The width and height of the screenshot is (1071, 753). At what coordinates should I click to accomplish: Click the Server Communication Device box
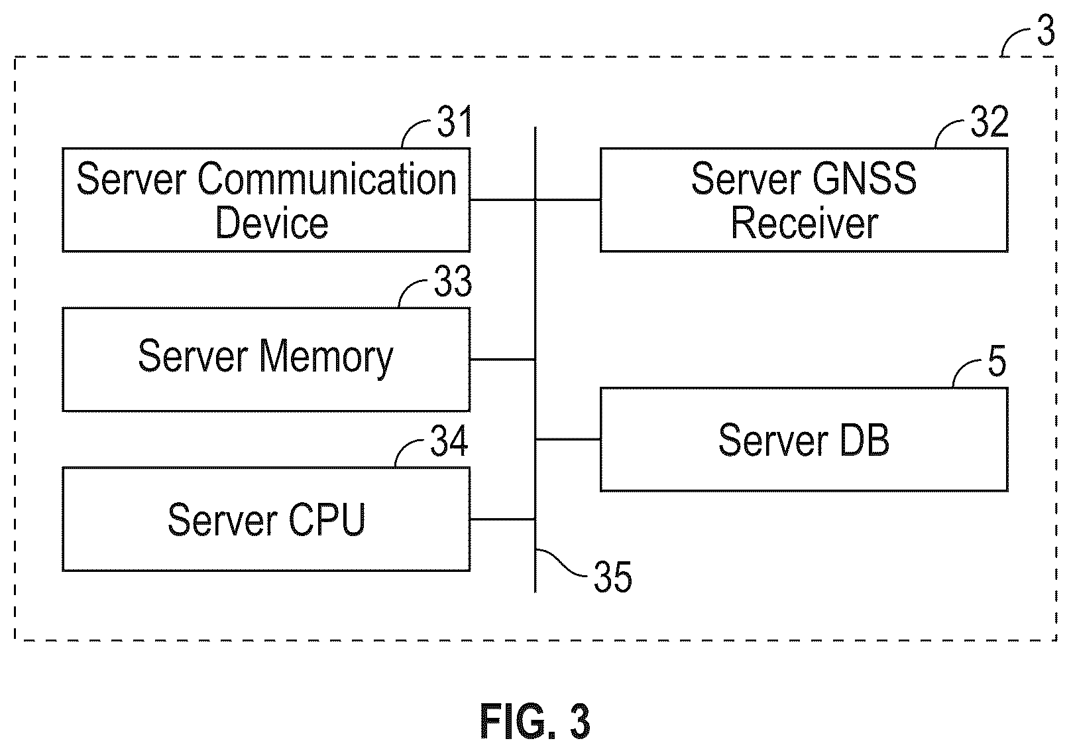point(266,200)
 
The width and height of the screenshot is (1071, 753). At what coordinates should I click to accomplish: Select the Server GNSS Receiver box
point(804,200)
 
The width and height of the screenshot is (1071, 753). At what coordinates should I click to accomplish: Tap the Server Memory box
point(266,360)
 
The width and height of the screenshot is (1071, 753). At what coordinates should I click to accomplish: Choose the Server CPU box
point(266,519)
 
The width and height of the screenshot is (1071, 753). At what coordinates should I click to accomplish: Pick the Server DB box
point(804,439)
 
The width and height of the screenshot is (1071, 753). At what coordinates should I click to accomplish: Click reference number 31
point(454,121)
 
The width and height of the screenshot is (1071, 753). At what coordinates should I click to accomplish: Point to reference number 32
point(989,121)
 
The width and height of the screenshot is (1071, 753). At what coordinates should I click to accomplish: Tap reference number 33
point(453,281)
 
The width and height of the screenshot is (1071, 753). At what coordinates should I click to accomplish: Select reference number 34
point(449,441)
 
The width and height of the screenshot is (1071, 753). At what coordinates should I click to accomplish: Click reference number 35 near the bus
point(613,577)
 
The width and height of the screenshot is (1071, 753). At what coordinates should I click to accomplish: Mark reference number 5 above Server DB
point(997,361)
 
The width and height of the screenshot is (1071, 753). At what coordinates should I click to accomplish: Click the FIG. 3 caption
point(535,721)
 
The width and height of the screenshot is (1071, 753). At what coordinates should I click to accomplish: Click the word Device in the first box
point(272,223)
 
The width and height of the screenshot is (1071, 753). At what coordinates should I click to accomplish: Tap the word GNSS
point(864,178)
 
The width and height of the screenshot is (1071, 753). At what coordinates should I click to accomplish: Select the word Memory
point(326,357)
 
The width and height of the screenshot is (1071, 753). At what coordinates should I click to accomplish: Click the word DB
point(864,440)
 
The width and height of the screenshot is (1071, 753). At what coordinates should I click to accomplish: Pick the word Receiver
point(805,223)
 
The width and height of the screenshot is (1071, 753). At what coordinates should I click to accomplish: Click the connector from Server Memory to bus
point(503,360)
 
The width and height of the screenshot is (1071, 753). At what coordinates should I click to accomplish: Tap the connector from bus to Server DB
point(568,439)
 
